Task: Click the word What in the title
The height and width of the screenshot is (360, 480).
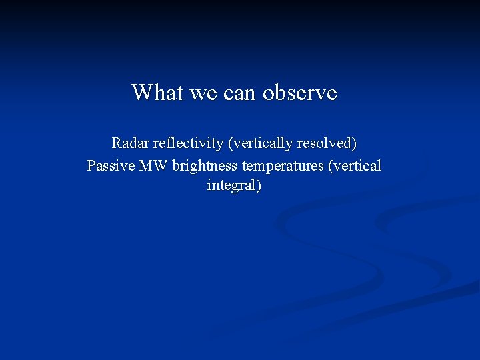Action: (158, 92)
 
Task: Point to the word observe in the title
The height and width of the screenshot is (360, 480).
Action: (300, 92)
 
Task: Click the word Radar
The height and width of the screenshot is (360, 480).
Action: (131, 143)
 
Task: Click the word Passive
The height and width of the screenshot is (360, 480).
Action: (111, 165)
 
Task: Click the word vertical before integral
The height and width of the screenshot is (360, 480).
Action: (356, 165)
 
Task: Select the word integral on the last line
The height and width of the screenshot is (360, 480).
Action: (231, 185)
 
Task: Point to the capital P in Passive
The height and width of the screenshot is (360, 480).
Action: (91, 165)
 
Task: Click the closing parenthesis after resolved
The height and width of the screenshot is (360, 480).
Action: (354, 143)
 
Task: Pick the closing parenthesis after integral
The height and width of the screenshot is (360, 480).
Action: (259, 185)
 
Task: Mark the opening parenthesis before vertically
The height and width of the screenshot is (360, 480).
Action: (229, 143)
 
